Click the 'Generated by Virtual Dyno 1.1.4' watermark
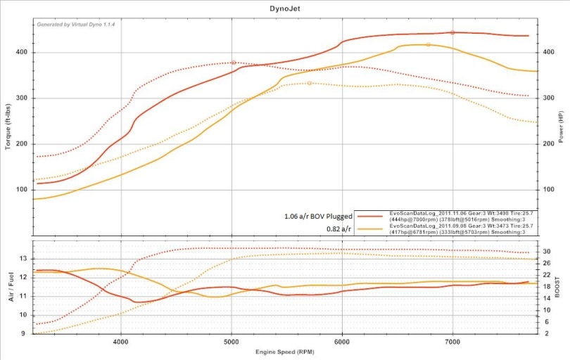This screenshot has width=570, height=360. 76,24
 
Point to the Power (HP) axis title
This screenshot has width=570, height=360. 561,127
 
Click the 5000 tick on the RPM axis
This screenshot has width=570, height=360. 232,342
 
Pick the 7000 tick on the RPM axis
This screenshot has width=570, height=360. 452,342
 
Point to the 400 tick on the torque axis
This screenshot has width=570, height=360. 21,52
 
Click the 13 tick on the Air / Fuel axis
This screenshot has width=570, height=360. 23,259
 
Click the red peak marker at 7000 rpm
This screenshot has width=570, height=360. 452,32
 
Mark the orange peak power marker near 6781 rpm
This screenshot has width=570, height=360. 428,44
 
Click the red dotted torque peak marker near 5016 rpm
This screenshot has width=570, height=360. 234,63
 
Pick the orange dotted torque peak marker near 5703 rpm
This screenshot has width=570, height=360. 310,83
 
